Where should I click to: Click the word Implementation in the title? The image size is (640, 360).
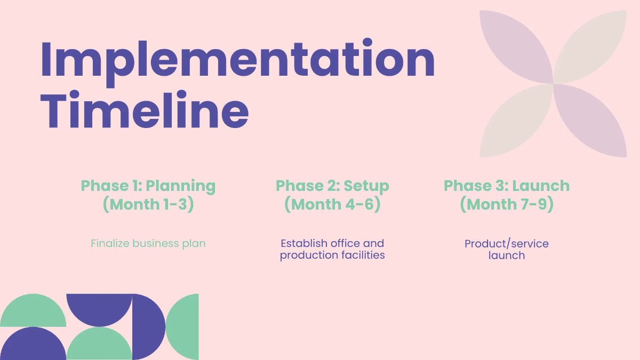pos(237,60)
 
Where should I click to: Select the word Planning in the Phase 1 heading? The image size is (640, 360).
pos(181,186)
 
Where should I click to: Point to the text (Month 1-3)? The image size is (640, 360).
pos(148,204)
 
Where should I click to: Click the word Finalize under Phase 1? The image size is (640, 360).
pos(110,244)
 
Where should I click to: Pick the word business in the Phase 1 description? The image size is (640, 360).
pos(155,244)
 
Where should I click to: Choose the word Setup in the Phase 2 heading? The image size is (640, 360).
pos(366,186)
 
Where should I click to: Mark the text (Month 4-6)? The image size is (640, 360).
pos(332,204)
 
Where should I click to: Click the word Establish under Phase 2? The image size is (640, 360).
pos(304,244)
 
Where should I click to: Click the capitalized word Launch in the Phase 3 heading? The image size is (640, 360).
pos(541,186)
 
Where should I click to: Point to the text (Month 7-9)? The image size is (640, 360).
pos(507,204)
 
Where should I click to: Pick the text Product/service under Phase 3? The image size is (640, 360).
pos(507,244)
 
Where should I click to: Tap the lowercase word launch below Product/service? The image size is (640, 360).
pos(507,255)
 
